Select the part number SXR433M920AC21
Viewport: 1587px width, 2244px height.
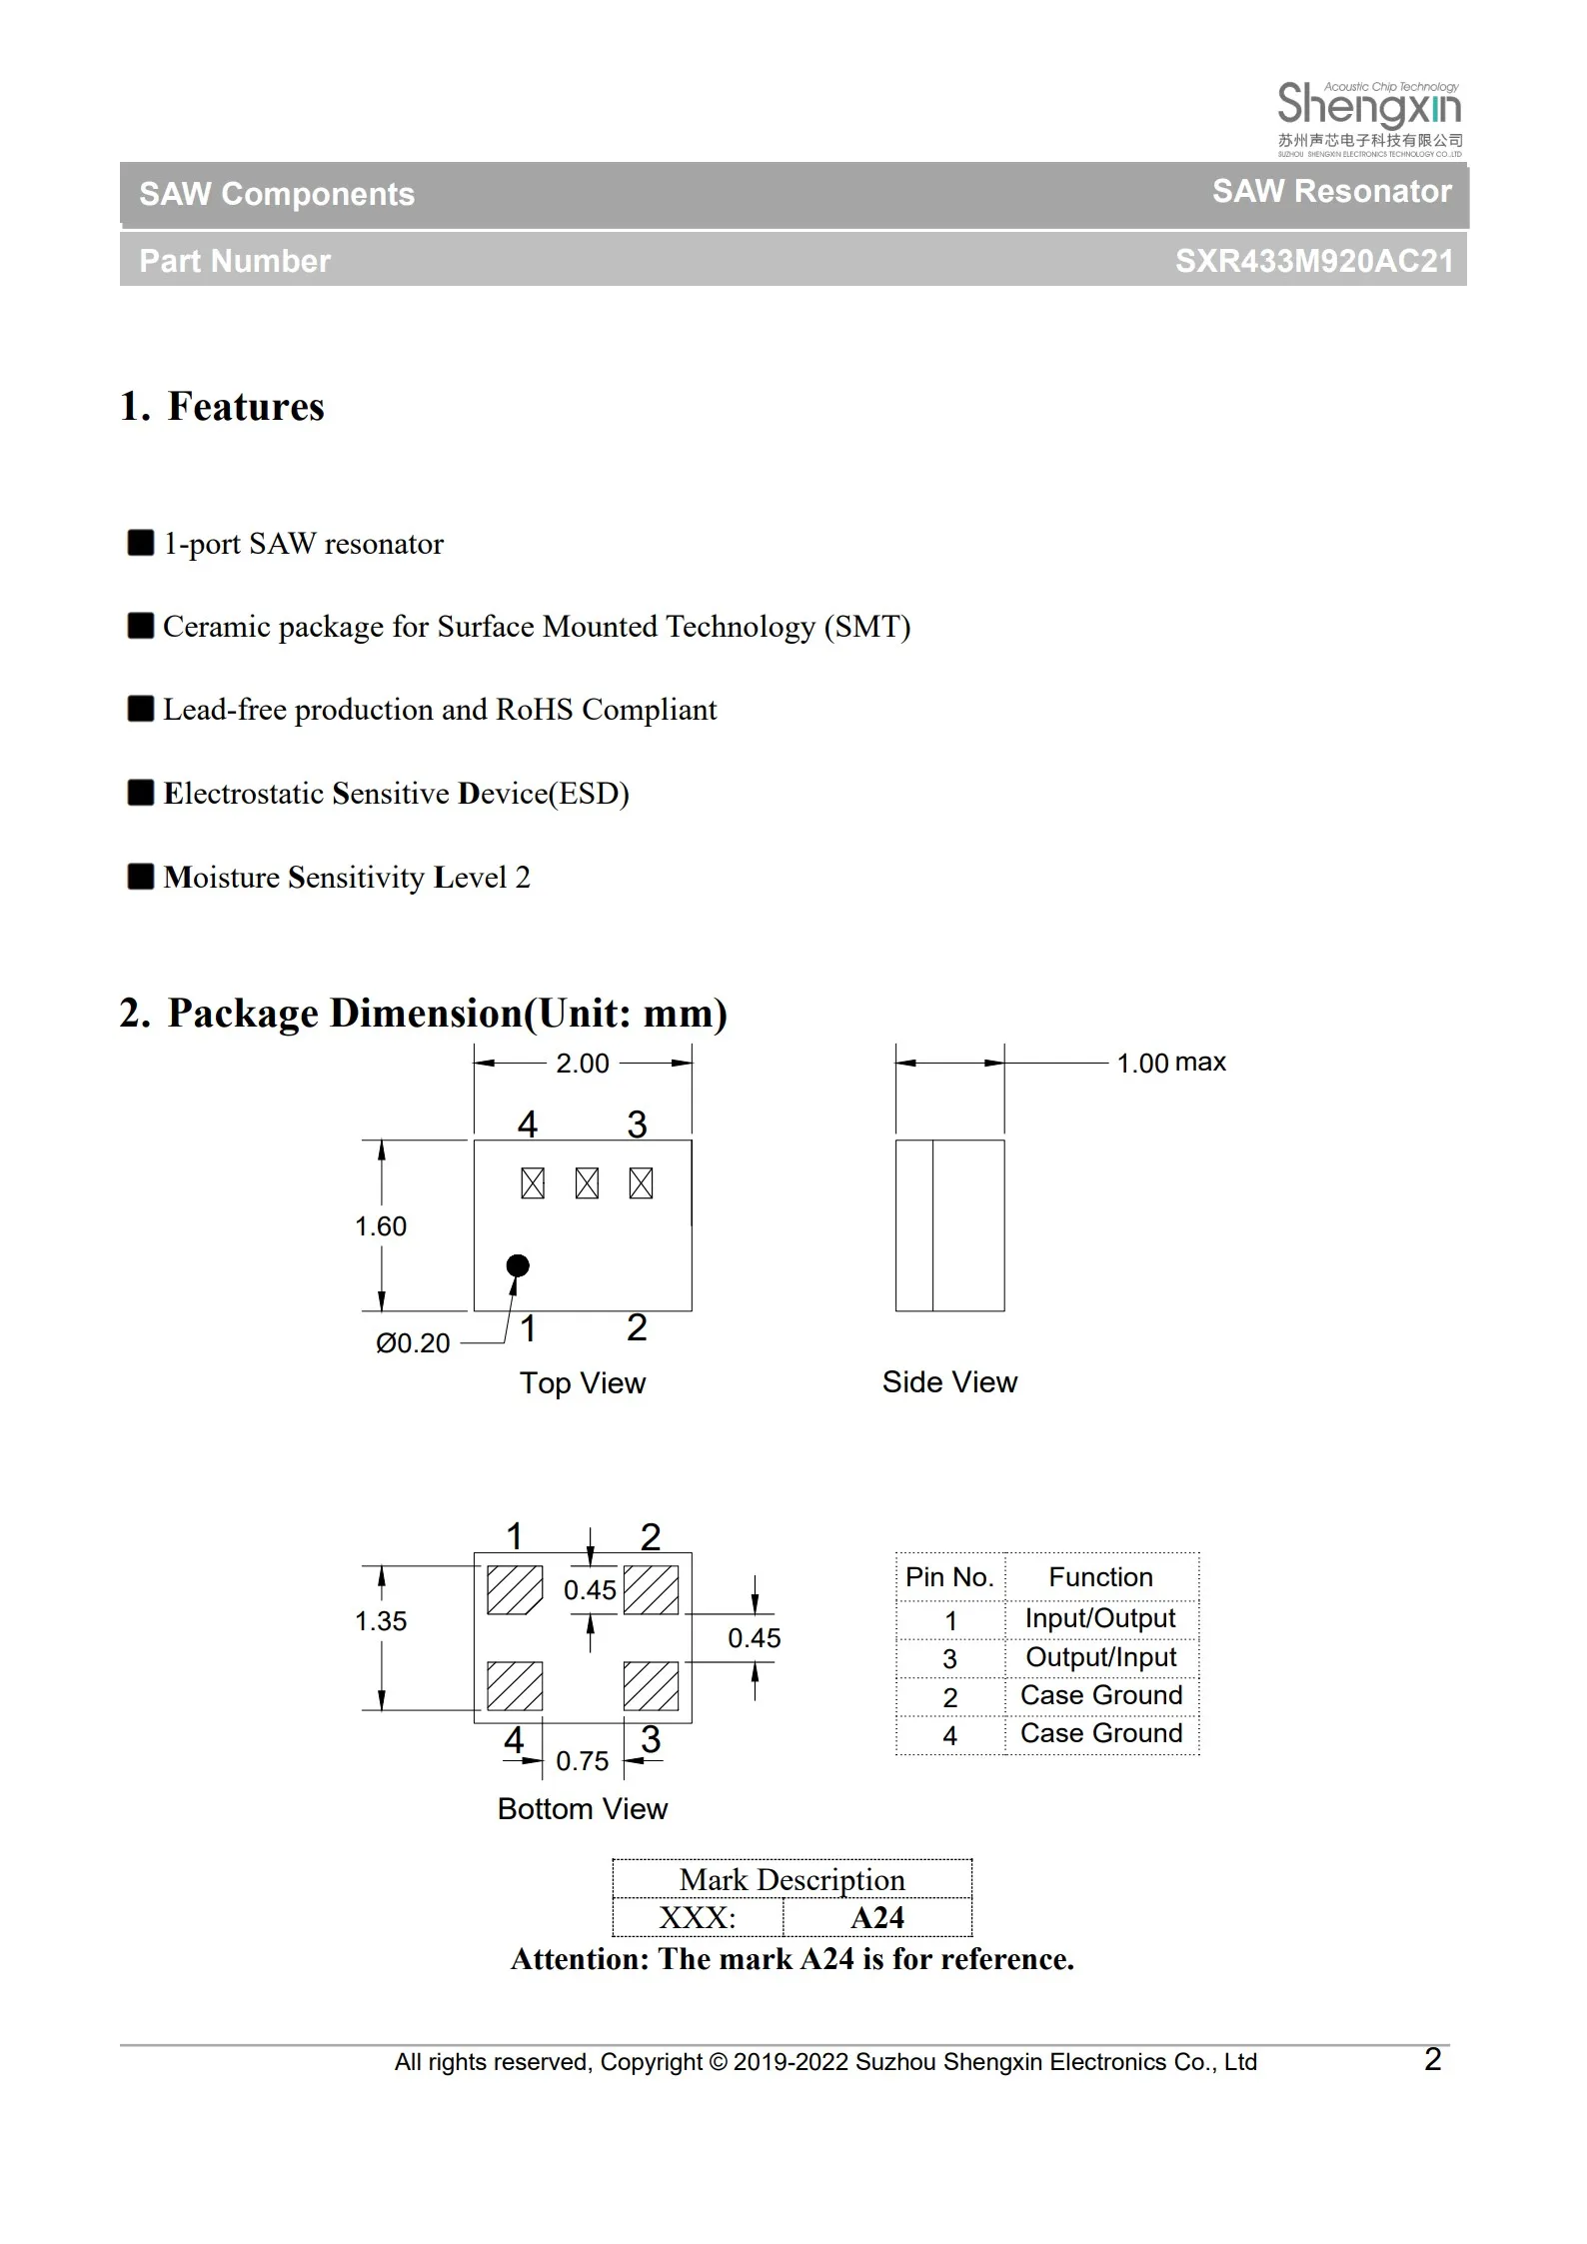[1313, 261]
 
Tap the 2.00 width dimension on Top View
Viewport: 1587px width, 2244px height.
[582, 1064]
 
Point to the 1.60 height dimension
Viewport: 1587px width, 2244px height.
[381, 1226]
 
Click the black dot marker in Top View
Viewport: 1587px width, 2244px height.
[518, 1265]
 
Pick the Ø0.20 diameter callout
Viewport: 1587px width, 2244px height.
[413, 1343]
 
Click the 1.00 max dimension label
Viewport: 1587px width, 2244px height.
[1170, 1063]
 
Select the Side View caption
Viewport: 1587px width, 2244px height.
[949, 1382]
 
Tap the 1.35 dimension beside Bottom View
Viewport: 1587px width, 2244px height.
[381, 1621]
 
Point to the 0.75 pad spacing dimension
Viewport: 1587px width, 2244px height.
[582, 1761]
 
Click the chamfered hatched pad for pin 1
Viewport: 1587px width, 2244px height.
[514, 1590]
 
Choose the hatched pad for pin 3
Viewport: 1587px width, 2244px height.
[651, 1686]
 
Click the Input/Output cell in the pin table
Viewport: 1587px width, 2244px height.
[1100, 1618]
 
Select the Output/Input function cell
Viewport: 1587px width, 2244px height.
[1100, 1657]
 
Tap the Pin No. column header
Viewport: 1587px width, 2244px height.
[949, 1577]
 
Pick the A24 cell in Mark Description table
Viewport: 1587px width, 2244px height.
[876, 1918]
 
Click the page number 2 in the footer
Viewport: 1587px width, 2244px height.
[1432, 2060]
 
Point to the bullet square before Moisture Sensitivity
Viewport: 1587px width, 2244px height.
[141, 877]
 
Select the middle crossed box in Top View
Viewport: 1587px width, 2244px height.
[587, 1183]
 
